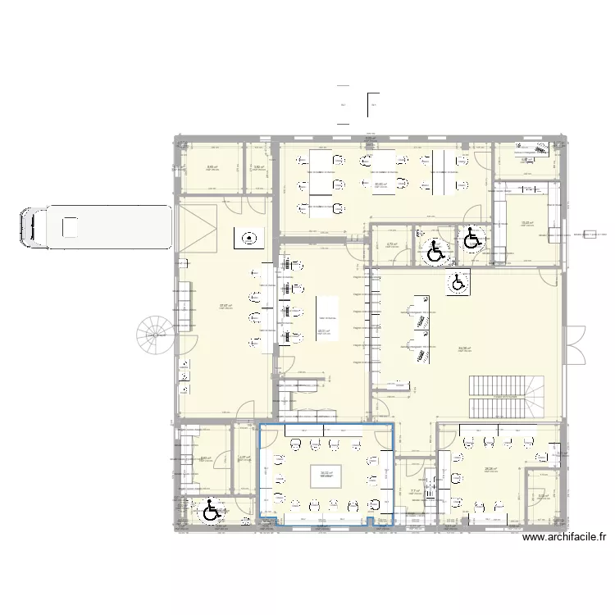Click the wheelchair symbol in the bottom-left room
[x=211, y=511]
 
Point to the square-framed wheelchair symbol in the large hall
[x=458, y=283]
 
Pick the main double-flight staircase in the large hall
[x=506, y=395]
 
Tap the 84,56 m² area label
[x=464, y=348]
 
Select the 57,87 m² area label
[x=225, y=306]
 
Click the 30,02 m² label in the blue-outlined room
[x=326, y=472]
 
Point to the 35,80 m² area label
[x=380, y=184]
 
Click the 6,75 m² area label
[x=391, y=244]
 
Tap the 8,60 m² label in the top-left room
[x=212, y=168]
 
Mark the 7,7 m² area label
[x=414, y=492]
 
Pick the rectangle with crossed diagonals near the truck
[x=196, y=228]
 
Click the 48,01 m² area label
[x=323, y=331]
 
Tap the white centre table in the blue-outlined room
[x=326, y=475]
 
